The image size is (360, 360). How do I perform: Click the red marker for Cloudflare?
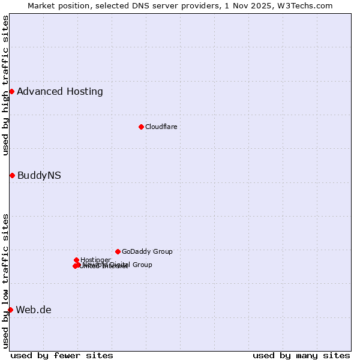[x=141, y=127]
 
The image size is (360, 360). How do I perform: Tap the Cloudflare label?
[x=161, y=127]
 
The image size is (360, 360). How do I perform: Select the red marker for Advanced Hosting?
[x=11, y=91]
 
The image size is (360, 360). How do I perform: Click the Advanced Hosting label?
[x=60, y=91]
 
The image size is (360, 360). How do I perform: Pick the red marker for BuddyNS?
[x=12, y=175]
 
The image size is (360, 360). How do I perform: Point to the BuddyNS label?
[x=39, y=175]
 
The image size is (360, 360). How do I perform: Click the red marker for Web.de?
[x=10, y=310]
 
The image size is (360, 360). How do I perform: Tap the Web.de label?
[x=34, y=310]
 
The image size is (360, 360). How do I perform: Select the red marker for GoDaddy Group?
[x=118, y=251]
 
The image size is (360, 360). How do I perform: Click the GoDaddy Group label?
[x=147, y=251]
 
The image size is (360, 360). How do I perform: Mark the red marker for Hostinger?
[x=76, y=260]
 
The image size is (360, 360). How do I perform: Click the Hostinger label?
[x=95, y=260]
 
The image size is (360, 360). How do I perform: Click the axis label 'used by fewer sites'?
[x=62, y=355]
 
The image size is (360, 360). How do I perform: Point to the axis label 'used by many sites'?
[x=301, y=355]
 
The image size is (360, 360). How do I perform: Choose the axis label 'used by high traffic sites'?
[x=5, y=85]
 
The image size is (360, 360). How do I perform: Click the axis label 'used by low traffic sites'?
[x=5, y=280]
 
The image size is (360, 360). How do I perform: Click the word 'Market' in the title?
[x=43, y=5]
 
